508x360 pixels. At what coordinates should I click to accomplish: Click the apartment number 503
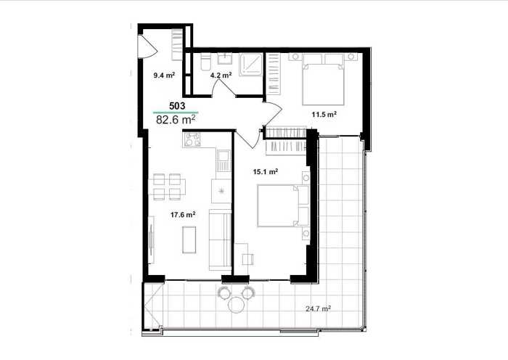(177, 106)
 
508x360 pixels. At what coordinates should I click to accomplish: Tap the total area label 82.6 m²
(176, 119)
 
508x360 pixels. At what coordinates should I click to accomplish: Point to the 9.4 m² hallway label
(164, 75)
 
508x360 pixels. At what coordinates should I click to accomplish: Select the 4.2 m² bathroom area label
(221, 75)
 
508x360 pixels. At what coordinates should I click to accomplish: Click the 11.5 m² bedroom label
(324, 114)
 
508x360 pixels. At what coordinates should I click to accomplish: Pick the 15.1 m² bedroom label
(266, 172)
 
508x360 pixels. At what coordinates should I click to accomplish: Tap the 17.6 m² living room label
(183, 215)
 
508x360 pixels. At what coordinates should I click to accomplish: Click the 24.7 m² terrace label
(318, 308)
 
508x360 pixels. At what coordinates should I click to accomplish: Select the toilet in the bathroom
(205, 62)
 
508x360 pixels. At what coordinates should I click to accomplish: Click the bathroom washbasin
(224, 59)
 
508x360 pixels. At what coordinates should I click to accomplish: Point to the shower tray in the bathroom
(251, 65)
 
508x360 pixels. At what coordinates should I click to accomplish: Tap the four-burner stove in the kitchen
(192, 139)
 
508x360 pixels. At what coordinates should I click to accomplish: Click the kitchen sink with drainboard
(224, 160)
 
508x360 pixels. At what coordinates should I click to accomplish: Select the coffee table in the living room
(189, 240)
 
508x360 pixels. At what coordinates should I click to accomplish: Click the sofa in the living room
(220, 240)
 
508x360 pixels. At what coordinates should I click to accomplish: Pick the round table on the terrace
(236, 305)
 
